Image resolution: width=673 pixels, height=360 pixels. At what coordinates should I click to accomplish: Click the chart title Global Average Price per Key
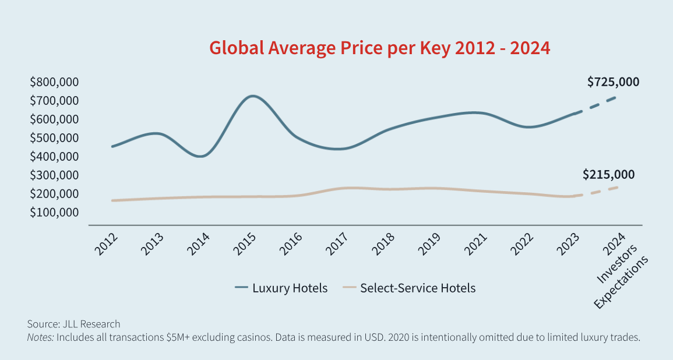[379, 48]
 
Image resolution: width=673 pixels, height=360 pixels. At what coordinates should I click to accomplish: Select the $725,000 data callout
[613, 82]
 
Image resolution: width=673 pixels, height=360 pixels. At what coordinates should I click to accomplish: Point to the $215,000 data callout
[609, 174]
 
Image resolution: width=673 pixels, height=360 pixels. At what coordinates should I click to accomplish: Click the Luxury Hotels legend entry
[281, 288]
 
